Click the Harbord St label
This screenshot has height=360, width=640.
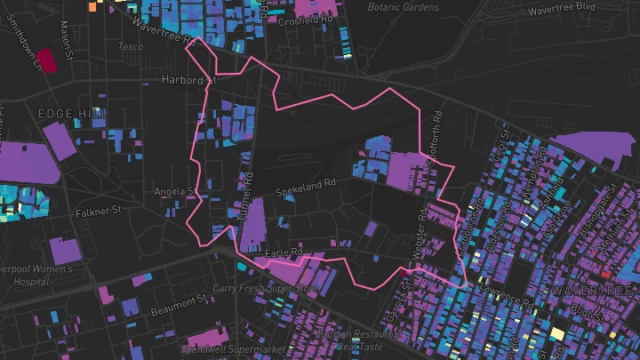pyautogui.click(x=188, y=80)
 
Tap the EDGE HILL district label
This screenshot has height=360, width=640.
pyautogui.click(x=72, y=113)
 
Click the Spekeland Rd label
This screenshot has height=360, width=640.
pyautogui.click(x=306, y=188)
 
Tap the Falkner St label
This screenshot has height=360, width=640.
pyautogui.click(x=98, y=212)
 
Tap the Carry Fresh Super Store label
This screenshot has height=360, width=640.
pyautogui.click(x=264, y=289)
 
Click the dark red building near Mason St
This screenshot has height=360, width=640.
pyautogui.click(x=44, y=60)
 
